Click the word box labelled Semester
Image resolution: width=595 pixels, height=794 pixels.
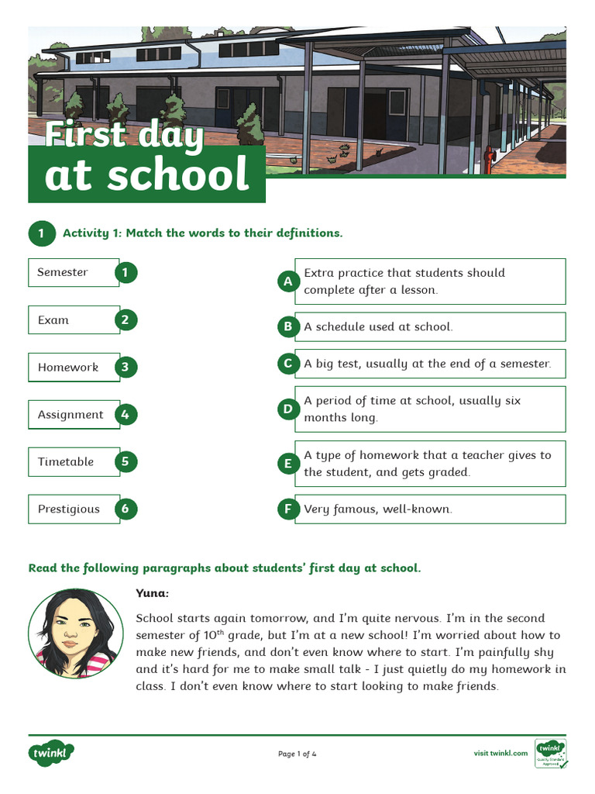tap(74, 272)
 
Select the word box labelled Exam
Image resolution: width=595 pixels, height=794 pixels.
tap(74, 320)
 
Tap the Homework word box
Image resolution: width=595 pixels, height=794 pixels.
tap(74, 368)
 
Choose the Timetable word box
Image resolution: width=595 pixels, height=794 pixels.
tap(74, 462)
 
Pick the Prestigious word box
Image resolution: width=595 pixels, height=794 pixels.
tap(74, 509)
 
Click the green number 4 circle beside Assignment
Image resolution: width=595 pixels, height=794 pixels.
tap(126, 415)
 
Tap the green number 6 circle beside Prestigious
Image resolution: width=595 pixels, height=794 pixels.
tap(126, 509)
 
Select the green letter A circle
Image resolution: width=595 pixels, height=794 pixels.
tap(288, 281)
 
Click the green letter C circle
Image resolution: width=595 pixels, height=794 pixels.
tap(288, 364)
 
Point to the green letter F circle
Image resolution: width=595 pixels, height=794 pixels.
tap(288, 509)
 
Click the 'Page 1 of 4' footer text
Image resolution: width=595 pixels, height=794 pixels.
tap(297, 754)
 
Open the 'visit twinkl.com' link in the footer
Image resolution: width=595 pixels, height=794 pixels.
tap(500, 754)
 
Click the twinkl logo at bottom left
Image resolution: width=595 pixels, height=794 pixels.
tap(51, 753)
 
